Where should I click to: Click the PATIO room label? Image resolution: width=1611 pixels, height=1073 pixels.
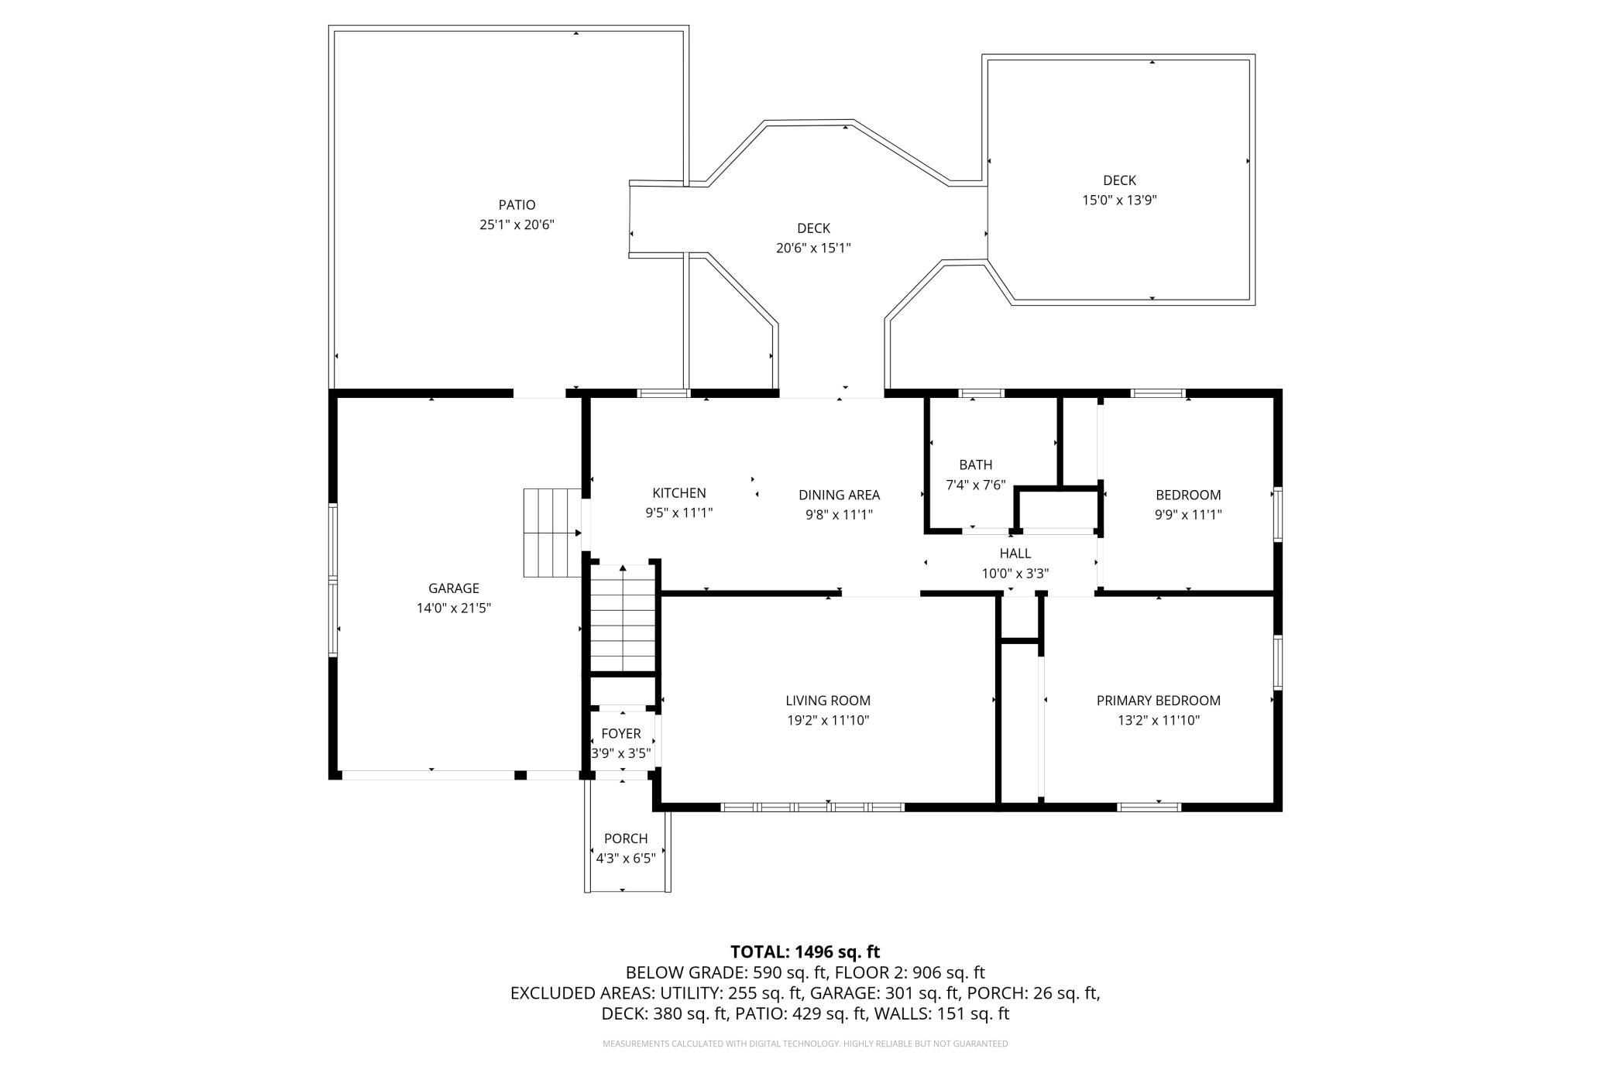(x=517, y=205)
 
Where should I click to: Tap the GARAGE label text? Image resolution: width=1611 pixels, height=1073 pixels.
(x=454, y=588)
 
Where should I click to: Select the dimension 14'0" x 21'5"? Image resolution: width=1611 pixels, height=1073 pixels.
(x=454, y=608)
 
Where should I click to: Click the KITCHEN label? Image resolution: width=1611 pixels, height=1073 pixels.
(x=679, y=493)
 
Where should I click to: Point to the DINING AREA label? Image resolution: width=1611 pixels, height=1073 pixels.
(x=840, y=495)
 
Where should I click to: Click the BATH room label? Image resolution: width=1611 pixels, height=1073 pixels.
(x=976, y=465)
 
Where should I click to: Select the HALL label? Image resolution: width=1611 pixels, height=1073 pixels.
(x=1015, y=554)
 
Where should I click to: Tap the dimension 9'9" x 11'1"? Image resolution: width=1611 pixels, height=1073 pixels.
(x=1188, y=514)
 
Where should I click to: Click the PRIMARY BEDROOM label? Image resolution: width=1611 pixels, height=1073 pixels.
(x=1159, y=701)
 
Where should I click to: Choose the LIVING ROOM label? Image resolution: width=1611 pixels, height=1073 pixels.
(x=828, y=701)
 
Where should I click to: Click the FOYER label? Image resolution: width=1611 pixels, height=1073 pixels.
(x=621, y=734)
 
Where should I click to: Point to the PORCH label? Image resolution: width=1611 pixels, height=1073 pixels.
(x=626, y=838)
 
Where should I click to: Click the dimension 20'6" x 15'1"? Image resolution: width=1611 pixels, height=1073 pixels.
(x=813, y=249)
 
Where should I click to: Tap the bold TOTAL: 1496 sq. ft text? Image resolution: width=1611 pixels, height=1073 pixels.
(x=805, y=952)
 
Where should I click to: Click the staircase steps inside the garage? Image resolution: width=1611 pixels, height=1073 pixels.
(x=552, y=533)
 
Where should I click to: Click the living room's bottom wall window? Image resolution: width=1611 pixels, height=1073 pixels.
(x=812, y=807)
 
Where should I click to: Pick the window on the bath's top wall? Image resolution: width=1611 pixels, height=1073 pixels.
(x=981, y=393)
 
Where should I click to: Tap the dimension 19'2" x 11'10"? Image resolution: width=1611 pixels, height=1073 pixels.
(x=828, y=721)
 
